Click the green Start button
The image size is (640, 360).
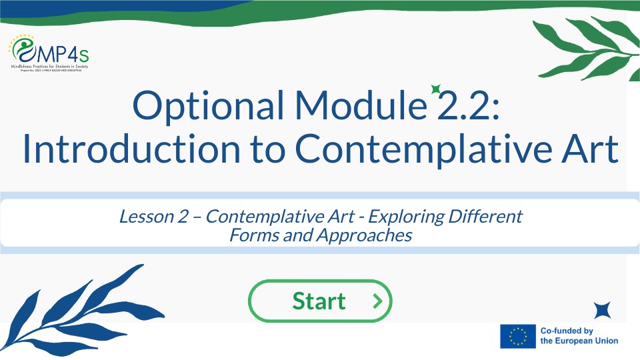tap(319, 301)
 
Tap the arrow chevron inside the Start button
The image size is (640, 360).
tap(377, 301)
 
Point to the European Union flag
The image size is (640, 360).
tap(518, 336)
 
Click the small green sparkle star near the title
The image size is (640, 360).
tap(435, 89)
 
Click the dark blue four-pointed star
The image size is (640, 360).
tap(603, 310)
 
